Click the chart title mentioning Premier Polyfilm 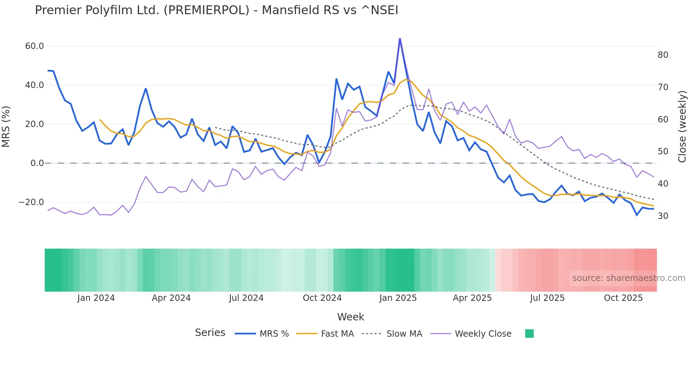click(x=216, y=10)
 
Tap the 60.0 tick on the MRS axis click(x=34, y=46)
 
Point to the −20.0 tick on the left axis click(x=31, y=202)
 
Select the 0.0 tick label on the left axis click(x=37, y=163)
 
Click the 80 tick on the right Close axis click(x=663, y=55)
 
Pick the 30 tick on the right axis click(x=663, y=216)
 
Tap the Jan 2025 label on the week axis click(x=398, y=298)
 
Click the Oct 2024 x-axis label click(x=322, y=298)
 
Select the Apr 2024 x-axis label click(x=171, y=298)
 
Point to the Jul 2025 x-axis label click(x=547, y=298)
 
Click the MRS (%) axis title click(x=6, y=126)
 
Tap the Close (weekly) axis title click(x=682, y=126)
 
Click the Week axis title click(x=350, y=317)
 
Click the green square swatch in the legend click(x=529, y=334)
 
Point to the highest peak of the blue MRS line click(x=400, y=39)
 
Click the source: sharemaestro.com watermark click(x=629, y=278)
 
